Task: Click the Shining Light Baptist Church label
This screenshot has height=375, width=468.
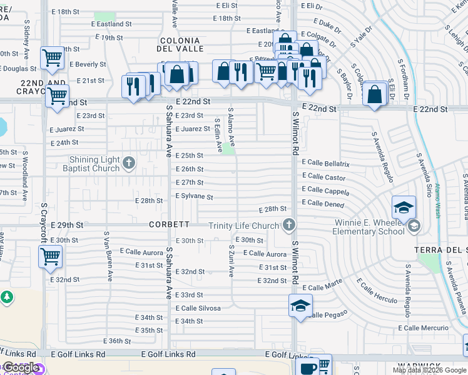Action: point(94,164)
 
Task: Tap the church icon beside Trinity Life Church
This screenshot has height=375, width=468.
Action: point(288,225)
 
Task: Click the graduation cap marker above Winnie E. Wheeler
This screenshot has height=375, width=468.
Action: point(404,207)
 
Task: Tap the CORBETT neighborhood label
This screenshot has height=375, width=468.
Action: point(169,224)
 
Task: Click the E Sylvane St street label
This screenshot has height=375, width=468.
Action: point(194,197)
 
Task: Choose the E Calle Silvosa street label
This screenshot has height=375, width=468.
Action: point(198,308)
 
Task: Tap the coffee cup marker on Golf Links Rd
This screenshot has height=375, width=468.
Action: point(309,368)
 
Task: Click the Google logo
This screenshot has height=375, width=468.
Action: point(21,367)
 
